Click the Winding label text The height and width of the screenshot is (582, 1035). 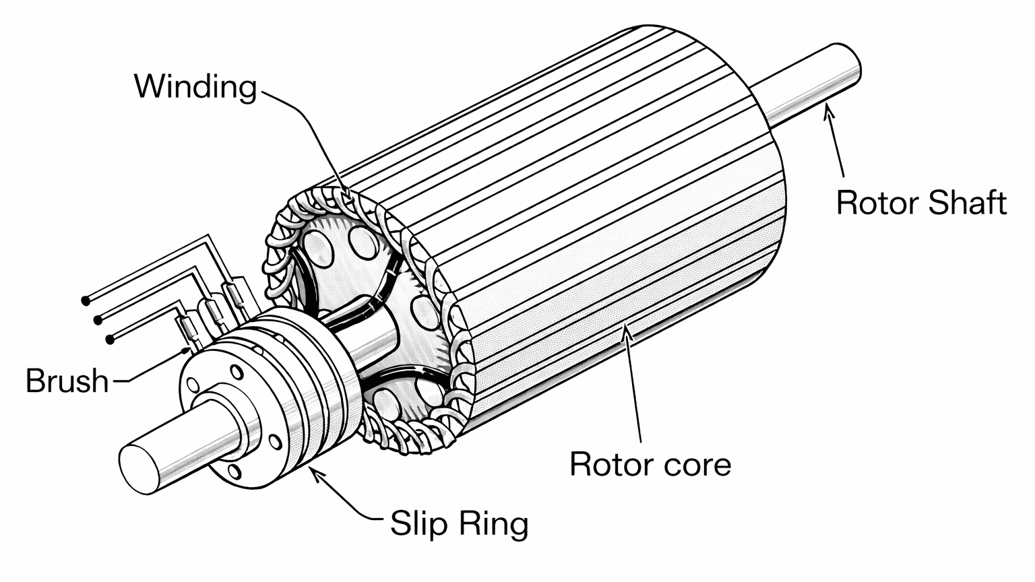(x=195, y=87)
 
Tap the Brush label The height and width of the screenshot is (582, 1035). (x=67, y=381)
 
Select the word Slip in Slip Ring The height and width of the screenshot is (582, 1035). (x=418, y=523)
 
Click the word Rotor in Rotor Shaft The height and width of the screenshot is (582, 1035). (x=877, y=203)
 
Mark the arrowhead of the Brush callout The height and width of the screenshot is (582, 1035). (x=190, y=350)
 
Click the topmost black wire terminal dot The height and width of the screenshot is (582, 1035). (x=86, y=299)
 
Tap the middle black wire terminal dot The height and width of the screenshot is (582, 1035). (x=98, y=319)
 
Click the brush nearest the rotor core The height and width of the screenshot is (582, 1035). (x=237, y=296)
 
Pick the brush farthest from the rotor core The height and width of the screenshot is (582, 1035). (x=189, y=331)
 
